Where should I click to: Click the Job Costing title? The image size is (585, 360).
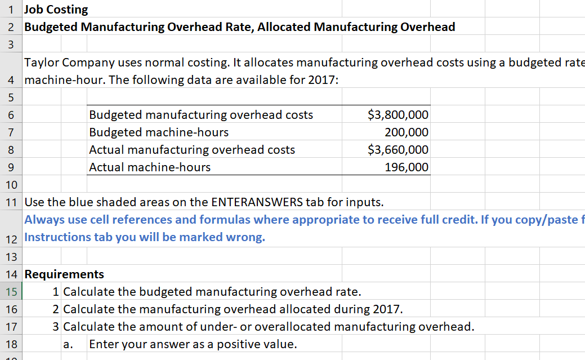56,10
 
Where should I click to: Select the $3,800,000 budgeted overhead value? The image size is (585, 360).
398,115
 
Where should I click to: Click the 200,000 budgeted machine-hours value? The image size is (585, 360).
407,132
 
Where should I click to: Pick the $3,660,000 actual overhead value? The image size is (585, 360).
398,150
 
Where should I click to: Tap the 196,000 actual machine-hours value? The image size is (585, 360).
407,167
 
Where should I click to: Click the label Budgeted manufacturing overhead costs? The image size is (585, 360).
201,115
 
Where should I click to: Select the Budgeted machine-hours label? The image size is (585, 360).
159,132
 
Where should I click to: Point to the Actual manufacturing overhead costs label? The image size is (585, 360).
192,150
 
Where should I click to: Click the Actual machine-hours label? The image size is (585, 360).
150,167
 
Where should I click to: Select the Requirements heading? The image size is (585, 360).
64,274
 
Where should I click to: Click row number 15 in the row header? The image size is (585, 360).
11,292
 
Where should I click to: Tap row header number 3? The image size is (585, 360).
11,45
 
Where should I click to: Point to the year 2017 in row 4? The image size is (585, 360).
322,79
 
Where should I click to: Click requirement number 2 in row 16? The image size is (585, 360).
56,309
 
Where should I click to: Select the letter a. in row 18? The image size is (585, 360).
68,344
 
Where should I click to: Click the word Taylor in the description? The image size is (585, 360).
42,62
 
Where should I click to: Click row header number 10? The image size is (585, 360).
11,184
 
